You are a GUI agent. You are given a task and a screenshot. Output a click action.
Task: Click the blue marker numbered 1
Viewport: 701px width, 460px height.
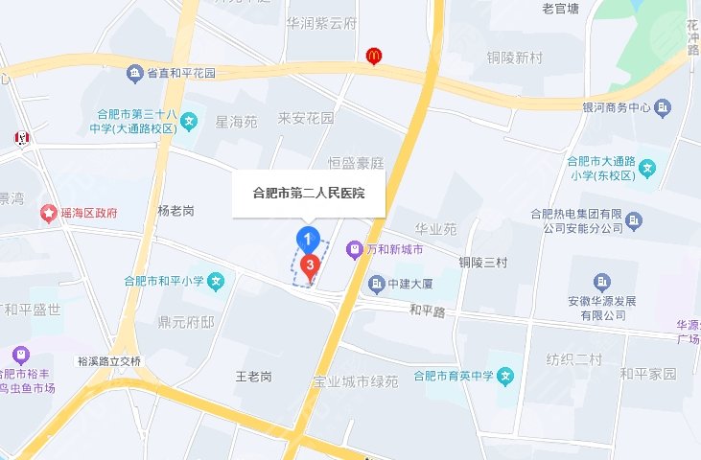tap(307, 238)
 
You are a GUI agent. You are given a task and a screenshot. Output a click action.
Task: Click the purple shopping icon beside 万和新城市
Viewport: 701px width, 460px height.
tap(354, 248)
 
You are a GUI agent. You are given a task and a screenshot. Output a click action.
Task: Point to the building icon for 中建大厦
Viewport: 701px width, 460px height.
tap(375, 284)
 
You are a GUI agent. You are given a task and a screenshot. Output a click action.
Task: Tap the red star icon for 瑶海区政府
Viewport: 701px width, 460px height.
tap(47, 212)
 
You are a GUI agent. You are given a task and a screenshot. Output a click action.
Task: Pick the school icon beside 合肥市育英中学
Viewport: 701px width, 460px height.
tap(505, 374)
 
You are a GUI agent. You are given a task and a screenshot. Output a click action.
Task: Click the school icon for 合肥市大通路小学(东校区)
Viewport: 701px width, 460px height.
tap(648, 169)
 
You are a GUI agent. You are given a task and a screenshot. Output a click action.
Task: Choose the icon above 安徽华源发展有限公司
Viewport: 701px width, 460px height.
tap(601, 281)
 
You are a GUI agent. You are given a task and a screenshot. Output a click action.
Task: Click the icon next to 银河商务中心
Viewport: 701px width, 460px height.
tap(663, 107)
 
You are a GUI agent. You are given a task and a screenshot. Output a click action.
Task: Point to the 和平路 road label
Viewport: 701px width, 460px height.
tap(428, 310)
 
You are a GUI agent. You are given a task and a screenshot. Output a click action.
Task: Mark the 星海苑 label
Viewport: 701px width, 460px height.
tap(236, 122)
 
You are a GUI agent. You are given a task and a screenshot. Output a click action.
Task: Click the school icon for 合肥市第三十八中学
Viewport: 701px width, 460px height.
tap(190, 122)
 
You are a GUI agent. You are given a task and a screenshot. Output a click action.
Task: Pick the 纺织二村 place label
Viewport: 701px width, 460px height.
tap(574, 359)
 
